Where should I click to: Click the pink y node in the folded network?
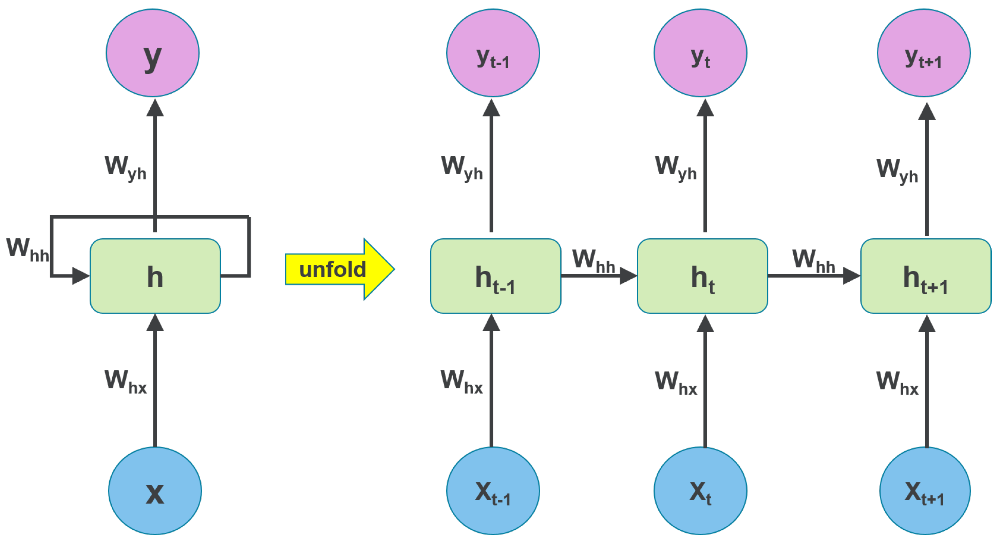tap(152, 53)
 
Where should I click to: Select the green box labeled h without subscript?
tap(155, 276)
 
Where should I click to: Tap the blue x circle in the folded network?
tap(155, 491)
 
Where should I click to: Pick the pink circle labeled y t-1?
tap(493, 53)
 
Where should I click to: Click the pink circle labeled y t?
tap(700, 53)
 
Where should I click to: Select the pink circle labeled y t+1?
tap(924, 53)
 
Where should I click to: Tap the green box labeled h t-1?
tap(495, 276)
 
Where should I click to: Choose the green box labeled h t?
tap(702, 276)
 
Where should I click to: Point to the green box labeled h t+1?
tap(926, 276)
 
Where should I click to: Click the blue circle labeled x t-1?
tap(493, 491)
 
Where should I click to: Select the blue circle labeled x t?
tap(700, 491)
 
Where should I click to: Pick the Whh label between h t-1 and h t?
tap(593, 261)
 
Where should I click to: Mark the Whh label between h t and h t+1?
tap(813, 261)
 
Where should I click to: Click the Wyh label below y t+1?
tap(897, 170)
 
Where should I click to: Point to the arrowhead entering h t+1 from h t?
tap(852, 276)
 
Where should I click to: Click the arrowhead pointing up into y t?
tap(705, 108)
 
